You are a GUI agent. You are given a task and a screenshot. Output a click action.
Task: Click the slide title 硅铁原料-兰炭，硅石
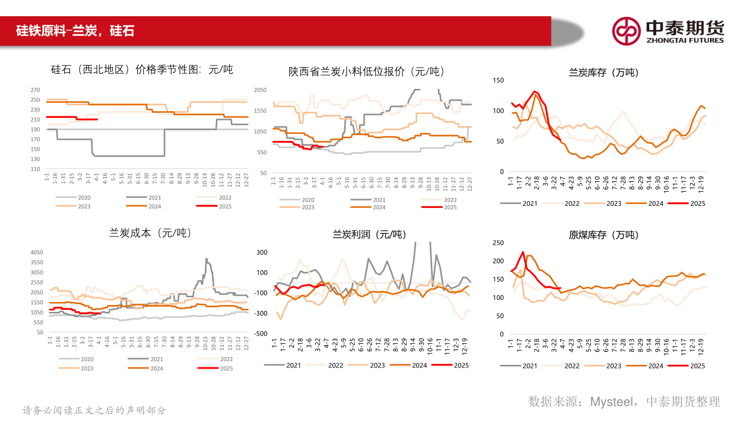click(75, 31)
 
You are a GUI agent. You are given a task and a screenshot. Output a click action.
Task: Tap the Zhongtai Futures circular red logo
click(626, 31)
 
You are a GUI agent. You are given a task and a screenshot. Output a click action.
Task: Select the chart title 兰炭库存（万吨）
click(603, 73)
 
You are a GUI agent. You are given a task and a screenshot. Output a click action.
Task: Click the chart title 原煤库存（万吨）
click(603, 235)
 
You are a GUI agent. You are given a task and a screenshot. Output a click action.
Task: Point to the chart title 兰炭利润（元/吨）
click(369, 235)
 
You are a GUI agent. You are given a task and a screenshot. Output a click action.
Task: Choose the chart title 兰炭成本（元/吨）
click(150, 233)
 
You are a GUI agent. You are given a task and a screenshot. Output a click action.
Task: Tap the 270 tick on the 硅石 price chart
click(35, 90)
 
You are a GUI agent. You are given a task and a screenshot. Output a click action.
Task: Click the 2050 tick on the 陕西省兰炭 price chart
click(260, 90)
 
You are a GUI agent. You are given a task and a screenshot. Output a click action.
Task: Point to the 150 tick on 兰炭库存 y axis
click(498, 80)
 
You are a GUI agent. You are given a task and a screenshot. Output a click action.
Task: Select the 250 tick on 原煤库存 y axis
click(498, 243)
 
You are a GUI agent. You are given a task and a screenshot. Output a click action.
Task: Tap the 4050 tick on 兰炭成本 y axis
click(36, 253)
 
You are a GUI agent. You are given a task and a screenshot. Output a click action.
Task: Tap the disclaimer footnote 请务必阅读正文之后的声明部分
click(94, 410)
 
